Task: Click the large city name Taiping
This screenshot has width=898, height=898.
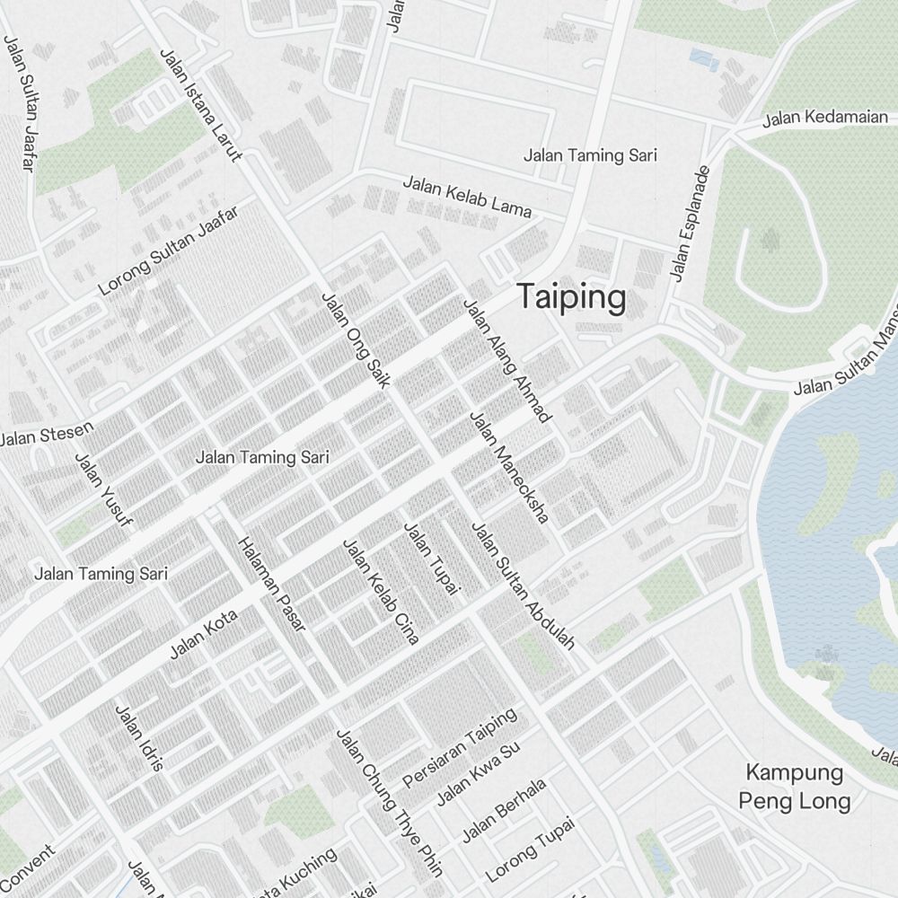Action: tap(571, 298)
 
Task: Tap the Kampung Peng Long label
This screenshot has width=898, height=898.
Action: tap(795, 787)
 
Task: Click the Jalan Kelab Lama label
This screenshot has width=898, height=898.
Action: tap(466, 197)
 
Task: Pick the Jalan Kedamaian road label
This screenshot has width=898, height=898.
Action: tap(825, 118)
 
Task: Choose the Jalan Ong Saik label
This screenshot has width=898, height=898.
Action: tap(355, 340)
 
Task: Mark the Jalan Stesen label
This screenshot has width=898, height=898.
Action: tap(46, 436)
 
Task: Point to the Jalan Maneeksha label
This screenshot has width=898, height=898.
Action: tap(509, 468)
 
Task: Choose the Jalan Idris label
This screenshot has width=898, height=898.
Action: tap(139, 738)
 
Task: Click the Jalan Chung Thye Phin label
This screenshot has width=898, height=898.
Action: tap(390, 802)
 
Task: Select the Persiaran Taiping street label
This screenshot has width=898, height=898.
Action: tap(460, 747)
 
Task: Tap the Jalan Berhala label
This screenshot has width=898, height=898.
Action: tap(503, 810)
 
